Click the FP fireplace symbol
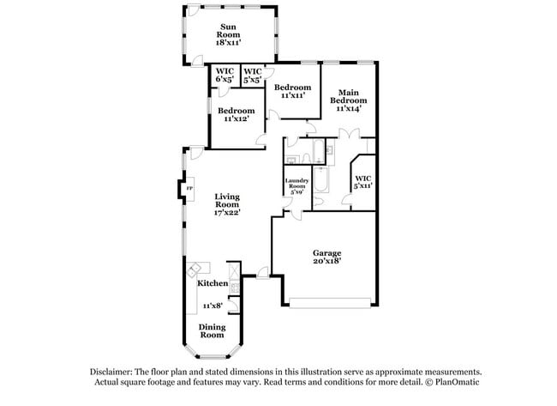[x=189, y=188]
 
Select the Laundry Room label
[x=296, y=185]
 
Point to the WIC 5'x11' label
[x=363, y=181]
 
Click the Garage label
[x=326, y=254]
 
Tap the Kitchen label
[x=213, y=283]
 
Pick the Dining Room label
[x=212, y=330]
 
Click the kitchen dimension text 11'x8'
[x=212, y=306]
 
